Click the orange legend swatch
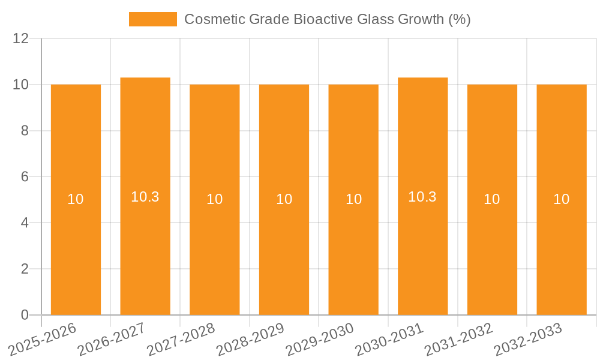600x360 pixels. point(152,19)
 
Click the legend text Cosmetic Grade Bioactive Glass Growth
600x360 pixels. point(327,19)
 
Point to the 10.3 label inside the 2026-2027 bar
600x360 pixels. point(145,197)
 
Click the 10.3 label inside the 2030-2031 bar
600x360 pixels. point(422,197)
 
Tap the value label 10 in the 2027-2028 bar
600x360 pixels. point(215,199)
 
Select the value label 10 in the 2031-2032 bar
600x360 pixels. point(492,199)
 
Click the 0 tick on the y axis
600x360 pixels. point(25,315)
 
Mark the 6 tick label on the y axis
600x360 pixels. point(25,177)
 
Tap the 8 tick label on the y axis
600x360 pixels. point(25,131)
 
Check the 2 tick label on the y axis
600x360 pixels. point(25,269)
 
